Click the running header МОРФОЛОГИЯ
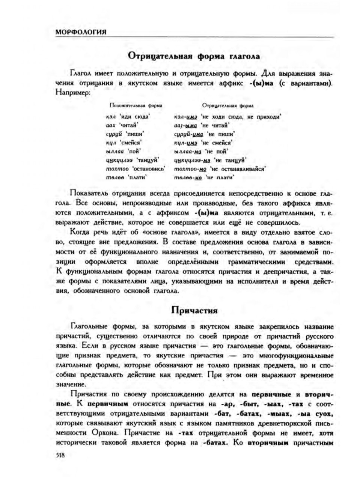pyautogui.click(x=81, y=32)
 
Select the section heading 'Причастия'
pyautogui.click(x=194, y=310)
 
